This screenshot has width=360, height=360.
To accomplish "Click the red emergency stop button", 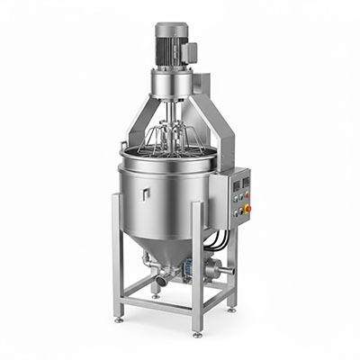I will coord(248,209).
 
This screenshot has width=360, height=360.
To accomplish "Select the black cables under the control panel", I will coord(215,238).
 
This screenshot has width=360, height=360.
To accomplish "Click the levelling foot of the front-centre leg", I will coord(197,334).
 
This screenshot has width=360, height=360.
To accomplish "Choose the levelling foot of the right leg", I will coord(233,309).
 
